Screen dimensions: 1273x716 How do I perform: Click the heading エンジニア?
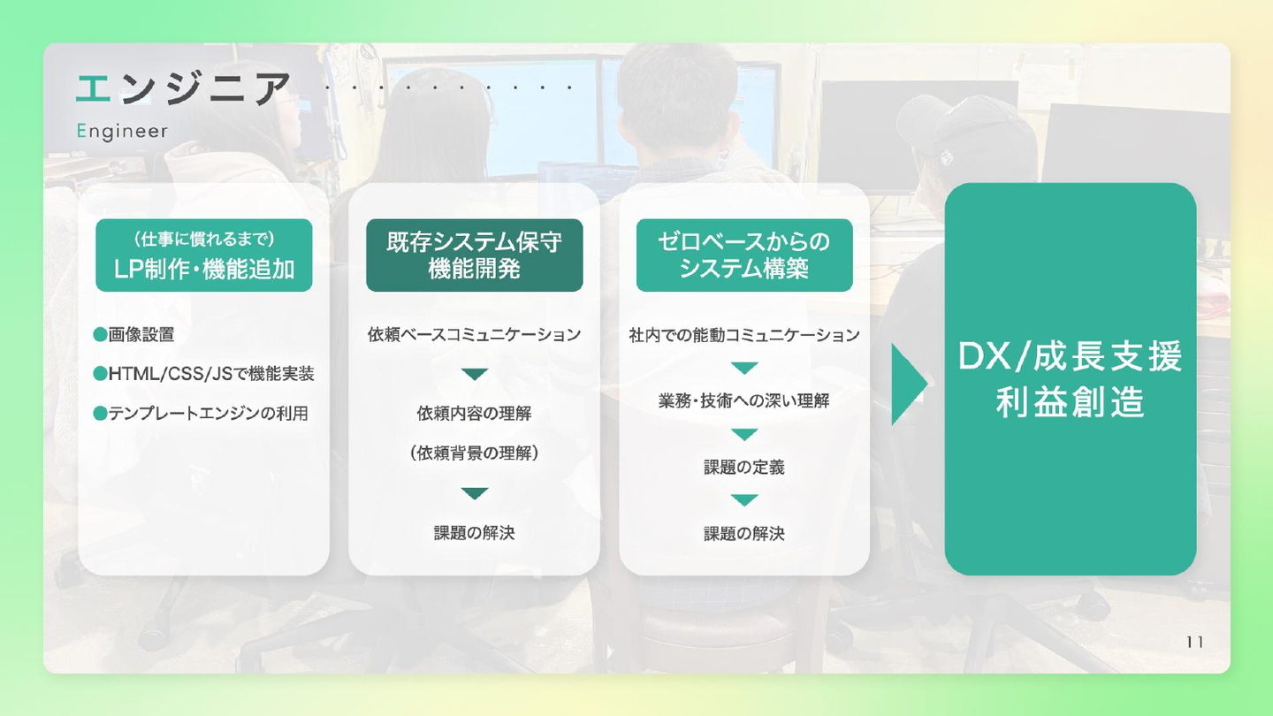[183, 89]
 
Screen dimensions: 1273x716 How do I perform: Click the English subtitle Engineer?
[122, 132]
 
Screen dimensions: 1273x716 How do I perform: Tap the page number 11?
[1194, 642]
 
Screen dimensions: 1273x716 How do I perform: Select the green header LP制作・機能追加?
[204, 255]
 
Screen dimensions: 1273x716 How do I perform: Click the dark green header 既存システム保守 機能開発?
[475, 255]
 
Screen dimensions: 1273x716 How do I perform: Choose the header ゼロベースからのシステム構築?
[744, 255]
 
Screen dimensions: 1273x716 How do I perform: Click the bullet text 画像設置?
[141, 335]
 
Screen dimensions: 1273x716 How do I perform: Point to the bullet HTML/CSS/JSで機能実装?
[210, 374]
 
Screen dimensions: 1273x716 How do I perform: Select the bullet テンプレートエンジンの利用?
[208, 413]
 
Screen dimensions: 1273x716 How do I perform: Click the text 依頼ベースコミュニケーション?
[475, 335]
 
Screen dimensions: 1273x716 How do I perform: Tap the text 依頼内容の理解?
[475, 413]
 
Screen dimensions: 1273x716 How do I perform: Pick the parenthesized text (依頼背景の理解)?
[475, 453]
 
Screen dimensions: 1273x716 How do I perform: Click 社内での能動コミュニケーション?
[744, 335]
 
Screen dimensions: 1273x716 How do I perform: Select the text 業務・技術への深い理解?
[744, 400]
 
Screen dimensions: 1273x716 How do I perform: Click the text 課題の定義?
[744, 467]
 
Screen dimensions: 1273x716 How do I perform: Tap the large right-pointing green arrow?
[908, 385]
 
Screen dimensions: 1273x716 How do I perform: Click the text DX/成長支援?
[1070, 357]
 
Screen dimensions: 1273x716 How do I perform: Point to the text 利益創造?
[1070, 402]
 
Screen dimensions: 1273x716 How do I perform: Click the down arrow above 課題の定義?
[744, 435]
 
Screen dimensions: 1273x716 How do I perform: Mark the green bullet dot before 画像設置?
[101, 335]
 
